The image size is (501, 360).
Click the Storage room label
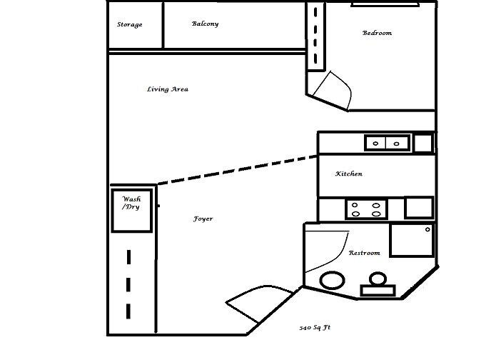coord(129,25)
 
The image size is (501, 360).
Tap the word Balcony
coord(205,24)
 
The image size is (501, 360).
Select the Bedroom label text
coord(377,33)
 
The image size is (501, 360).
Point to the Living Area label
coord(167,89)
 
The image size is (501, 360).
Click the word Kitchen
coord(349,174)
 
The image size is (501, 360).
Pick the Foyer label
coord(203,219)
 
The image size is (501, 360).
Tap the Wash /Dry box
coord(132,209)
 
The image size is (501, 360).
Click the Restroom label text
coord(364,253)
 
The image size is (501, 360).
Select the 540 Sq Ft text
coord(315,328)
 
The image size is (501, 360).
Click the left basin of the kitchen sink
coord(377,143)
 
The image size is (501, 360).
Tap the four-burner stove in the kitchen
coord(367,209)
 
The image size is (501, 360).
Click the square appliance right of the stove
coord(418,207)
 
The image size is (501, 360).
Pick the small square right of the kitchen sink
coord(422,142)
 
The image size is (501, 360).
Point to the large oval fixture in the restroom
coord(333,280)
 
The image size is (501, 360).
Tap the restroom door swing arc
coord(325,248)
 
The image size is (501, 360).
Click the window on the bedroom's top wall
coord(385,4)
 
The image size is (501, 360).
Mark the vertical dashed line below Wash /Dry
coord(128,284)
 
